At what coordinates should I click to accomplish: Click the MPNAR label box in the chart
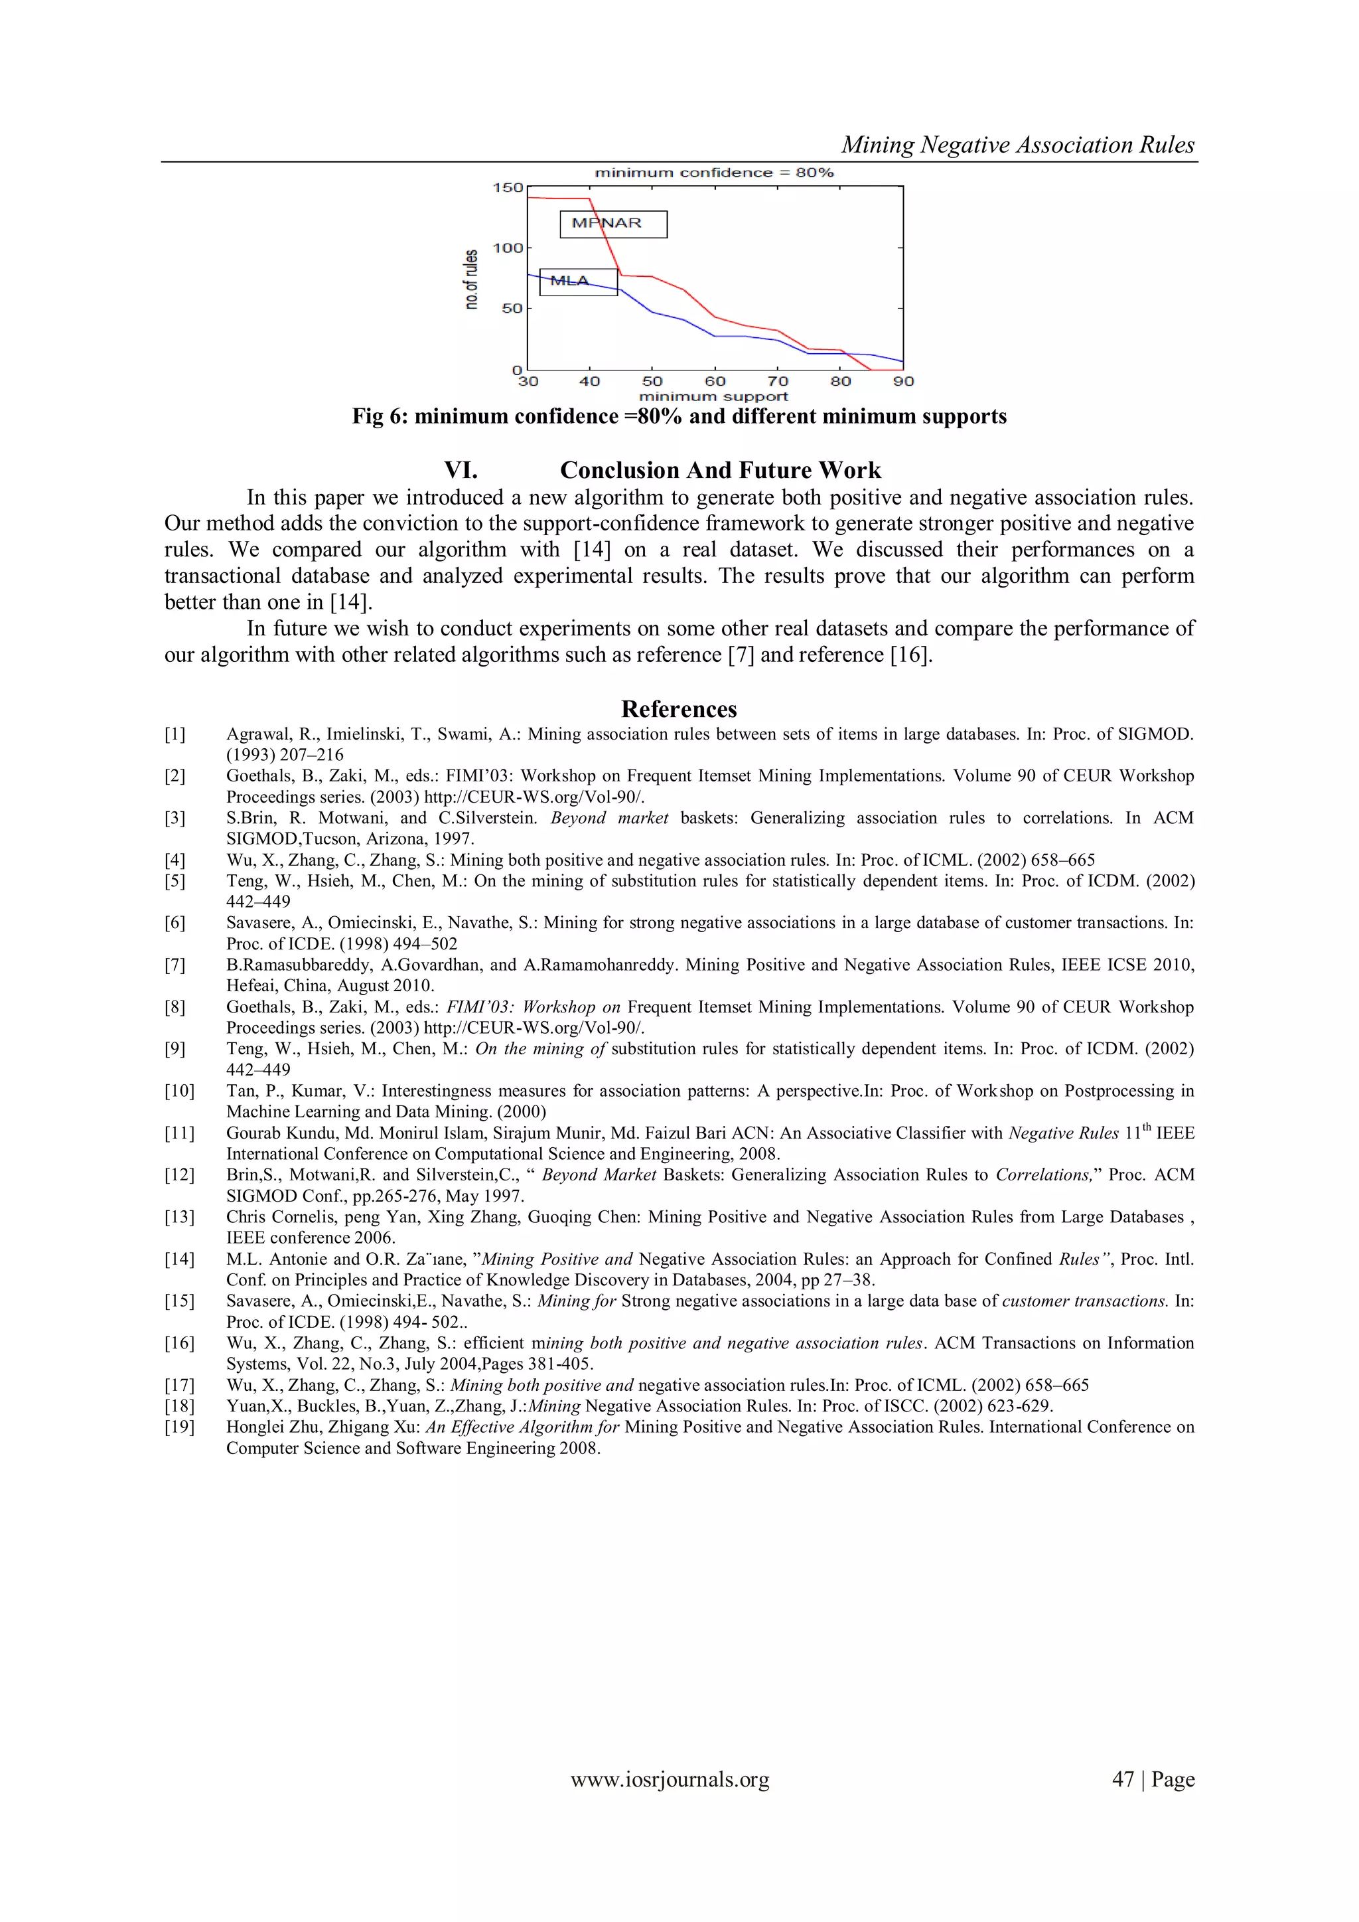point(612,224)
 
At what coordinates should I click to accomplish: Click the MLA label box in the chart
point(578,281)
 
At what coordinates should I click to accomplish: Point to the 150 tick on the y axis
point(508,187)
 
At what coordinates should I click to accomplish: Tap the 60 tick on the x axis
point(715,382)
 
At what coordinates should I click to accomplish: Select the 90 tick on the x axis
point(903,382)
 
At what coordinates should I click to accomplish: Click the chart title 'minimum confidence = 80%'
point(714,173)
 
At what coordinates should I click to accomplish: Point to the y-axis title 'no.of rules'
point(472,280)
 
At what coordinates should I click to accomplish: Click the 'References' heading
point(679,709)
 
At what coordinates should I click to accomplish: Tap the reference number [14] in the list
point(179,1259)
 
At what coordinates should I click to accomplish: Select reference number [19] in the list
point(179,1427)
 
